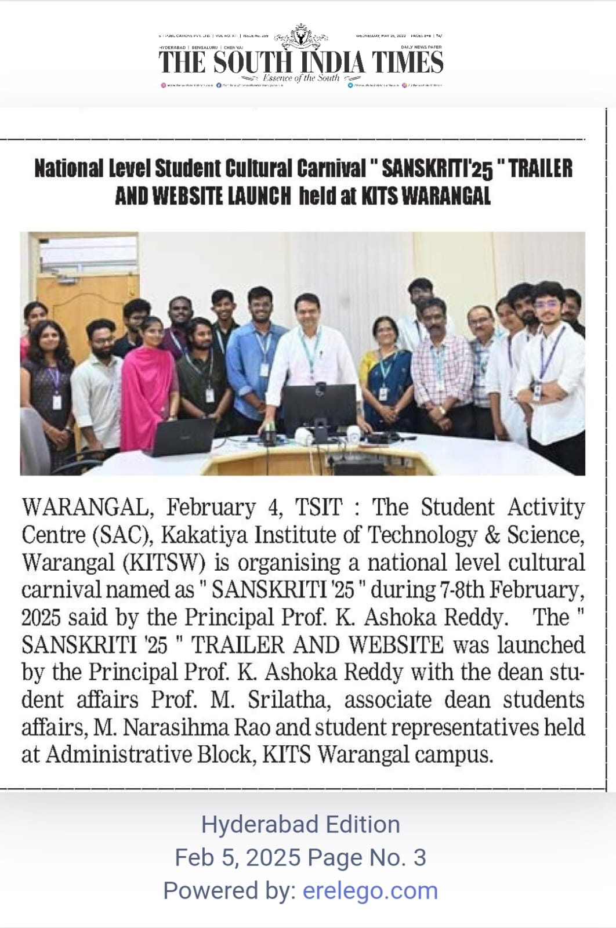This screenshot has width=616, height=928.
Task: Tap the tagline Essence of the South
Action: point(301,78)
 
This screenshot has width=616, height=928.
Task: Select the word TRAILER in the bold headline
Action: point(541,169)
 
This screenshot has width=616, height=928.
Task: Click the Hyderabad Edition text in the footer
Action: point(300,824)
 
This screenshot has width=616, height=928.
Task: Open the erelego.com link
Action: point(370,890)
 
